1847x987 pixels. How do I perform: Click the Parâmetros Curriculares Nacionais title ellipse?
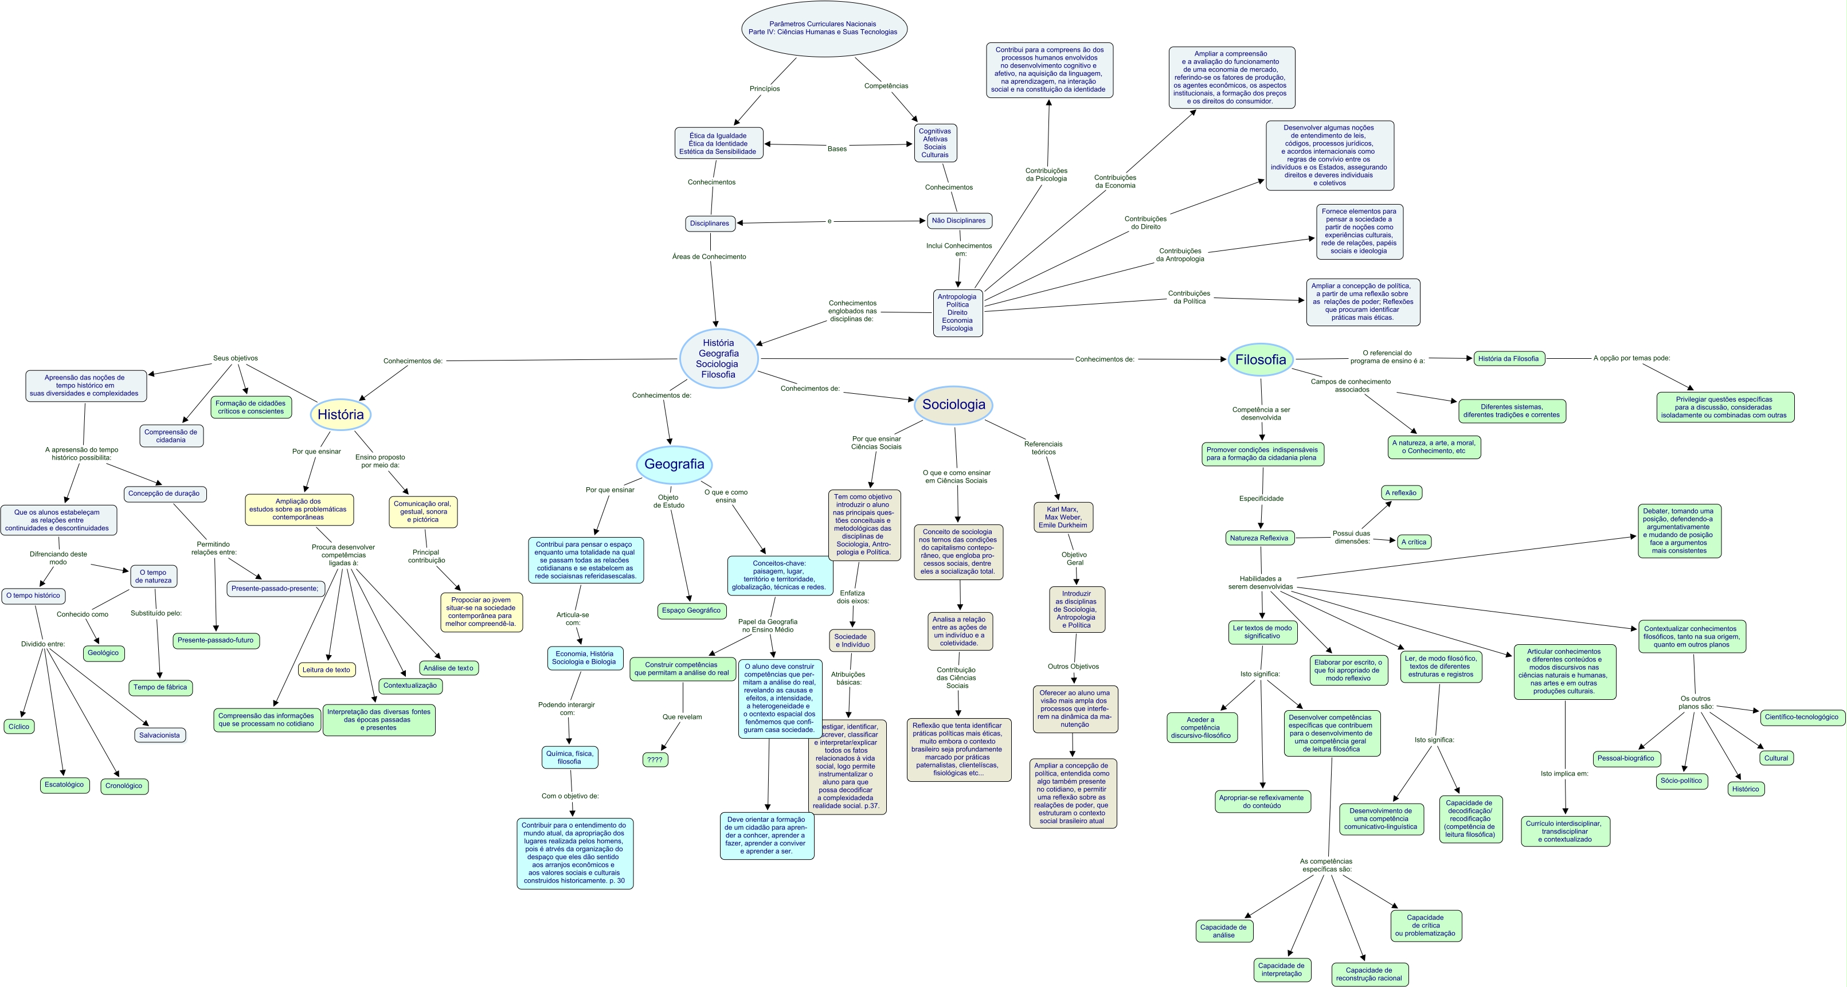pyautogui.click(x=823, y=29)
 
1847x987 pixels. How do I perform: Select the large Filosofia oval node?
pyautogui.click(x=1260, y=360)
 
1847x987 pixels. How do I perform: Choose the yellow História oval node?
pyautogui.click(x=341, y=414)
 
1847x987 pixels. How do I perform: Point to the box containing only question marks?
pyautogui.click(x=655, y=759)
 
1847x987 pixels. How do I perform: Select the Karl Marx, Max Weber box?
pyautogui.click(x=1063, y=517)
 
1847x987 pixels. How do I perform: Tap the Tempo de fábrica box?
pyautogui.click(x=160, y=687)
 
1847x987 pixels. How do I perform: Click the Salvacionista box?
pyautogui.click(x=159, y=735)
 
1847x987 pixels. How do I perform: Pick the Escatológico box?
pyautogui.click(x=64, y=785)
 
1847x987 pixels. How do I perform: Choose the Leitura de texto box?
pyautogui.click(x=326, y=670)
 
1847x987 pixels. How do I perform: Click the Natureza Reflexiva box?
pyautogui.click(x=1258, y=538)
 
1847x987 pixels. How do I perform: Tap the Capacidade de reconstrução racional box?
pyautogui.click(x=1369, y=974)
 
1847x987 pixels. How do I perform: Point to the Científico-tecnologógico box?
pyautogui.click(x=1801, y=717)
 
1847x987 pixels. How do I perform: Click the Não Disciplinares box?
pyautogui.click(x=958, y=221)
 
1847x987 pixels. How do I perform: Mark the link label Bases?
pyautogui.click(x=837, y=149)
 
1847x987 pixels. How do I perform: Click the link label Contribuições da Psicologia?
pyautogui.click(x=1046, y=175)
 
